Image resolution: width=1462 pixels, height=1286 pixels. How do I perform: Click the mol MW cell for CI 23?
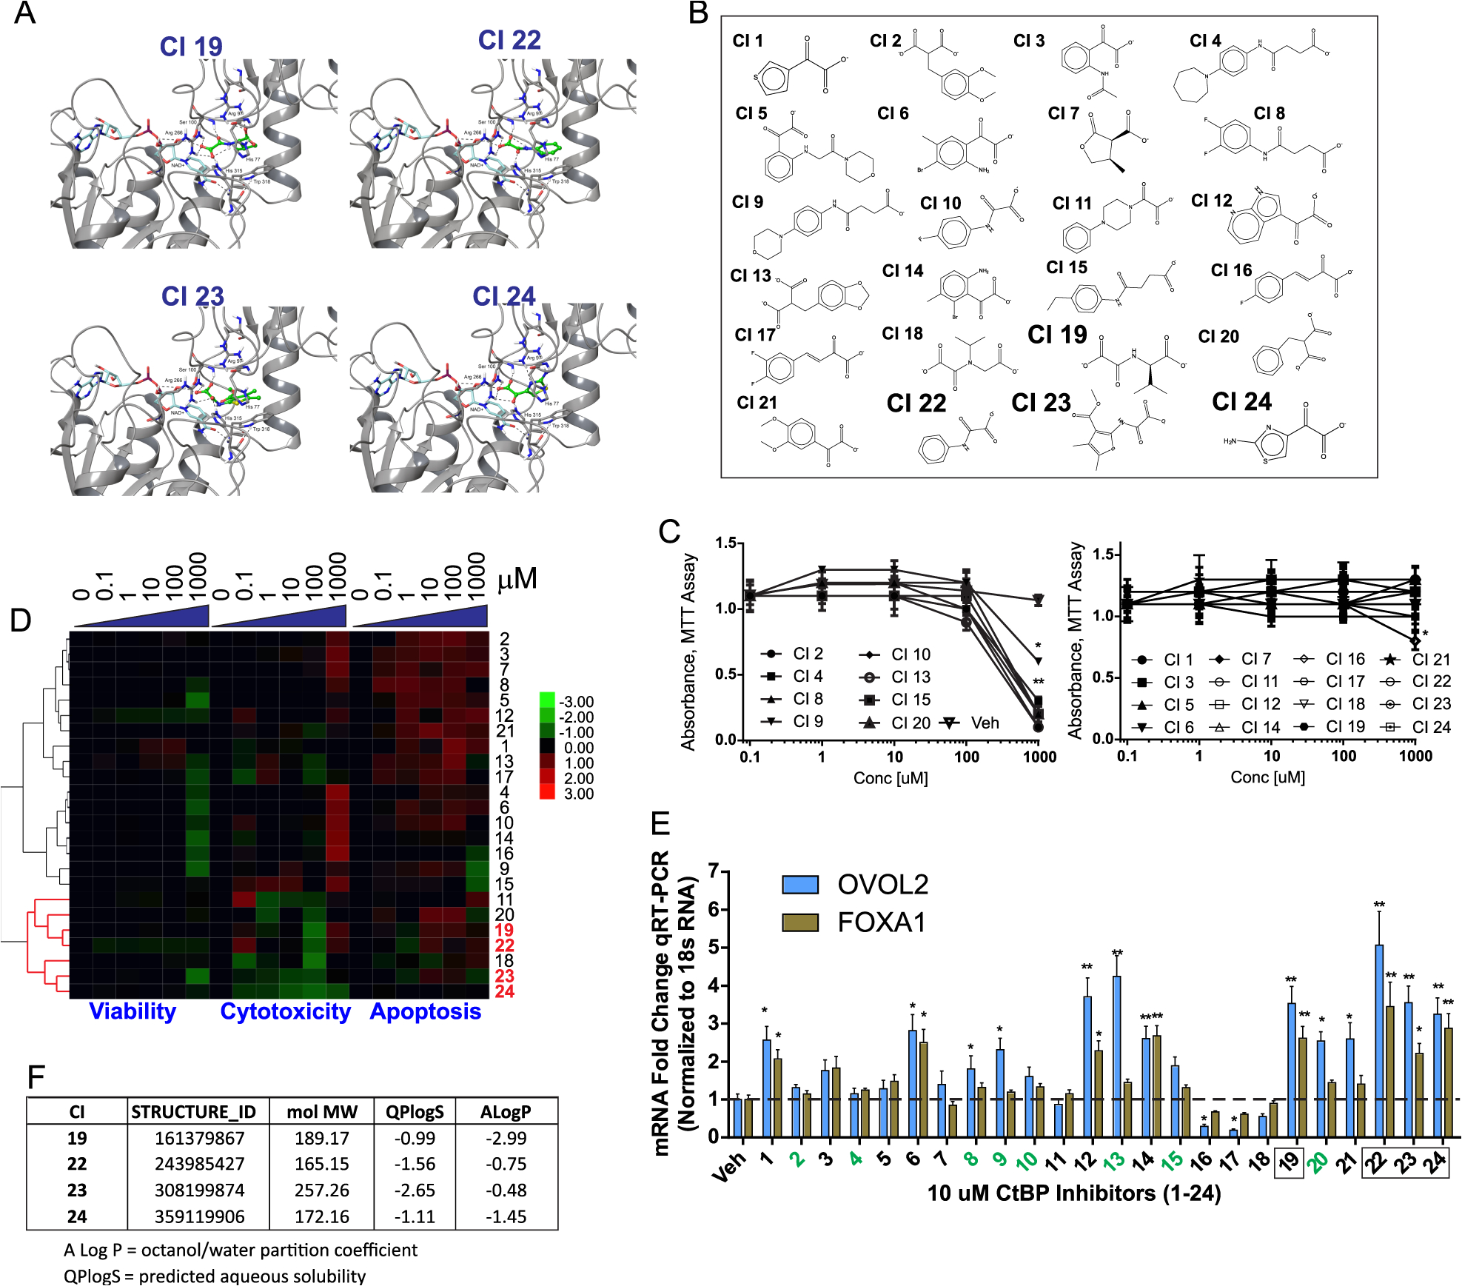point(321,1190)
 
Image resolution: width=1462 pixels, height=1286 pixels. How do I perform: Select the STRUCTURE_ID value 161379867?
point(199,1138)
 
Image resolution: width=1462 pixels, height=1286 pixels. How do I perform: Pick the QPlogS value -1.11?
point(415,1216)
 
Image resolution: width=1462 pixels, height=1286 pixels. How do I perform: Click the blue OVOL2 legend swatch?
point(800,885)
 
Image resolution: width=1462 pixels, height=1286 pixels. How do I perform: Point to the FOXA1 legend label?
point(881,922)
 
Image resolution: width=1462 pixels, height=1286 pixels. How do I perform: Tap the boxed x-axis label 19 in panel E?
point(1289,1162)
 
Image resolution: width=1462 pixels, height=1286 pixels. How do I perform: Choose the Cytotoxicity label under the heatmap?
point(285,1011)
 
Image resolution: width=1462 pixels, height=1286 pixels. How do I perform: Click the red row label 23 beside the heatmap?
point(504,976)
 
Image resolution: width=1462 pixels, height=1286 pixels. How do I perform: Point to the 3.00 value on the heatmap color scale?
point(578,794)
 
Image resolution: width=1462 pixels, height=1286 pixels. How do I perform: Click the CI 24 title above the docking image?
point(503,296)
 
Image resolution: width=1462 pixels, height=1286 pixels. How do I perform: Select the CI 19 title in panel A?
point(191,47)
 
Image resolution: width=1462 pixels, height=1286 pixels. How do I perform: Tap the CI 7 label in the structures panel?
point(1063,113)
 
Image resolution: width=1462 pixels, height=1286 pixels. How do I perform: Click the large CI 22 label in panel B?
point(916,403)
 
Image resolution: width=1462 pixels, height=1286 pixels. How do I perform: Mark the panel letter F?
point(36,1077)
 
